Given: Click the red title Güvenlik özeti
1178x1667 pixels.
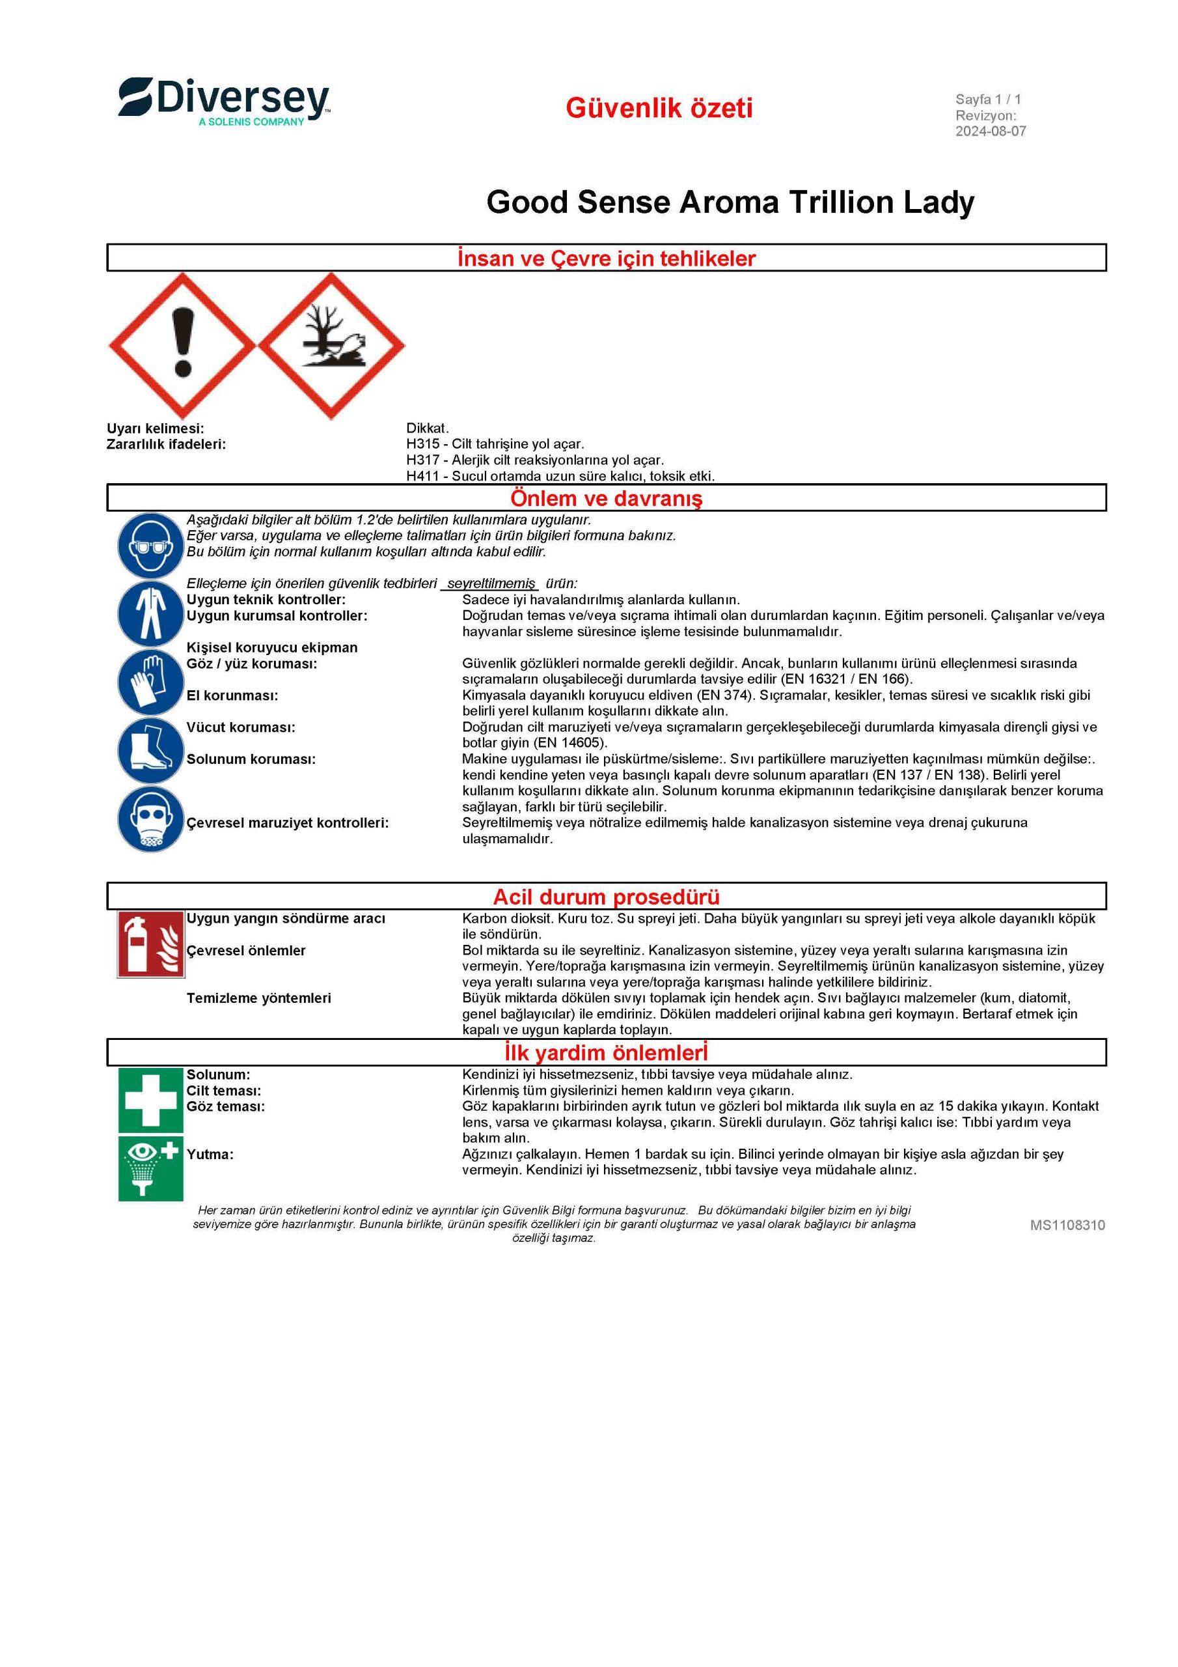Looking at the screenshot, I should coord(659,108).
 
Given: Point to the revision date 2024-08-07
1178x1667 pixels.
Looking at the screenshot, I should coord(990,132).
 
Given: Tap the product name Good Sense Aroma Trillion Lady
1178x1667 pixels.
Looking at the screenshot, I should coord(730,202).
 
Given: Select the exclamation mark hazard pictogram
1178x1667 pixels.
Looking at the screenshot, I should coord(182,346).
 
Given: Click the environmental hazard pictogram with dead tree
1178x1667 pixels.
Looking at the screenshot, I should coord(332,346).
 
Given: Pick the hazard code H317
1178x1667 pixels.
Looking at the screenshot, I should coord(422,460).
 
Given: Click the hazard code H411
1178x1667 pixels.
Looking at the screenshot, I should coord(422,476).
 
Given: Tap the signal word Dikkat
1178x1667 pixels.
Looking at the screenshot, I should coord(427,428).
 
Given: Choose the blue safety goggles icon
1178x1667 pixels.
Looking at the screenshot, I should coord(150,544).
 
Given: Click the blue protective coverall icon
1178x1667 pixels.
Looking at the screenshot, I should coord(150,613).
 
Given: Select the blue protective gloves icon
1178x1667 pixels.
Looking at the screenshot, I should coord(150,682).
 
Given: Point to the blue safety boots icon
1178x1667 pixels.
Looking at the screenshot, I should coord(150,751).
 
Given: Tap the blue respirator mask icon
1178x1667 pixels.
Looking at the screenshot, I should coord(150,820).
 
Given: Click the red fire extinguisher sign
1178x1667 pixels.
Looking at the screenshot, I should coord(150,944).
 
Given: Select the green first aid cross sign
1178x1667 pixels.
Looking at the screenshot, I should coord(151,1100).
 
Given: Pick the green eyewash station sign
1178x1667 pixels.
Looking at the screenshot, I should coord(151,1168).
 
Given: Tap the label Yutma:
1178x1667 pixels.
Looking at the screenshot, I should coord(210,1155).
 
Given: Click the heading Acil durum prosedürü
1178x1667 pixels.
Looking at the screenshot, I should coord(606,897).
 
